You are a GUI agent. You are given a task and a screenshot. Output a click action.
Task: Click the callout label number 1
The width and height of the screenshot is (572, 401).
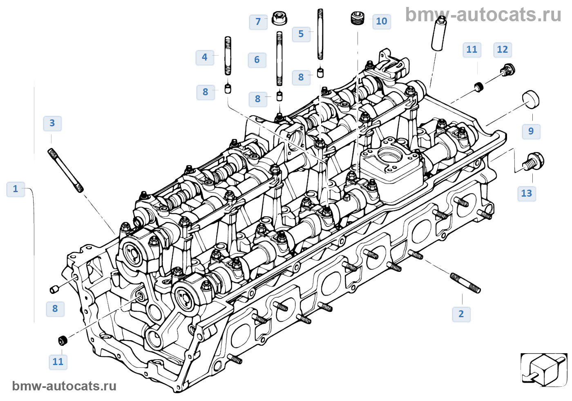[16, 189]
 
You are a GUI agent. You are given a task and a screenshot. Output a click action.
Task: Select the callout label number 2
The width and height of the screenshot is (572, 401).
[461, 314]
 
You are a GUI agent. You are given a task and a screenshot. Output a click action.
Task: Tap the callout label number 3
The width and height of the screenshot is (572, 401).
[52, 123]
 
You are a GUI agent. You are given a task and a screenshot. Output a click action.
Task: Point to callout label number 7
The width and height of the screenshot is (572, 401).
[258, 22]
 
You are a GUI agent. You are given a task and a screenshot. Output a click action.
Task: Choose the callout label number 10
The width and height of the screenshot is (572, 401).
[382, 21]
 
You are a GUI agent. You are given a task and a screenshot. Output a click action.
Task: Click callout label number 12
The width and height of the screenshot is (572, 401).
[503, 49]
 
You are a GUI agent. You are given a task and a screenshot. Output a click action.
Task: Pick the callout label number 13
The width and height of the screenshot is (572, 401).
[527, 193]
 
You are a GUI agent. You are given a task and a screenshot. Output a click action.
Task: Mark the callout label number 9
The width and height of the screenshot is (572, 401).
[531, 131]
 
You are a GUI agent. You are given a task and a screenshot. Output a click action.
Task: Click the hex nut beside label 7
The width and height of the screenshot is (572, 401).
[279, 17]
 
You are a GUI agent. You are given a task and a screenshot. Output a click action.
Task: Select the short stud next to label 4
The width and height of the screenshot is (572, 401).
[228, 56]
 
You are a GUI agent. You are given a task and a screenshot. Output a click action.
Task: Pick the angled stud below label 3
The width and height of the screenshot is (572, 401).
[66, 170]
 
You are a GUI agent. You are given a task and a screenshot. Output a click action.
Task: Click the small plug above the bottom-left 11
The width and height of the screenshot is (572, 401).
[63, 340]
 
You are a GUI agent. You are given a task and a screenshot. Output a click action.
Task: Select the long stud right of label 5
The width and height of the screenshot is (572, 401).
[320, 34]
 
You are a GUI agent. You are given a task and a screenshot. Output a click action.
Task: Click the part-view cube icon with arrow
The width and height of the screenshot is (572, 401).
[544, 370]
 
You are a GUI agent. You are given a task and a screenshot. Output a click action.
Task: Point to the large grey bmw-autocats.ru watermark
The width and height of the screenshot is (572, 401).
[483, 15]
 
